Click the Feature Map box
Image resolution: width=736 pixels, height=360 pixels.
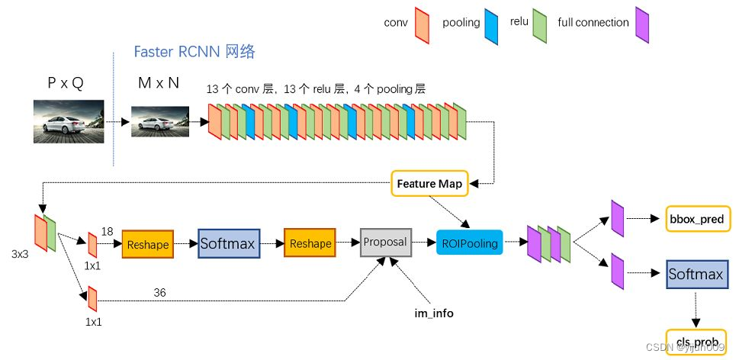tap(429, 184)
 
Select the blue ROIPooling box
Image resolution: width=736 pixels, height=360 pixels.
tap(469, 243)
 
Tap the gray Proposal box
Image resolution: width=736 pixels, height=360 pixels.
tap(385, 242)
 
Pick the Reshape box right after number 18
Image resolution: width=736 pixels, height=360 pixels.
tap(148, 244)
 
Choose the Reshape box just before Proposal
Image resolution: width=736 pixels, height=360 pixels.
tap(310, 243)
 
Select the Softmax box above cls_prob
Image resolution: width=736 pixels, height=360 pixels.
tap(695, 274)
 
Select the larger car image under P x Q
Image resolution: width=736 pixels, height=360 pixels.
tap(69, 121)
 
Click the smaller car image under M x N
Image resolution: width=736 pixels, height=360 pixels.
tap(159, 121)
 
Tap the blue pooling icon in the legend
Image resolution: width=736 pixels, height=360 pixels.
tap(492, 21)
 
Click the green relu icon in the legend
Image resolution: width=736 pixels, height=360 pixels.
tap(540, 21)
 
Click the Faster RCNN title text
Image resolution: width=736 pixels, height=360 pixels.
tap(194, 52)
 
